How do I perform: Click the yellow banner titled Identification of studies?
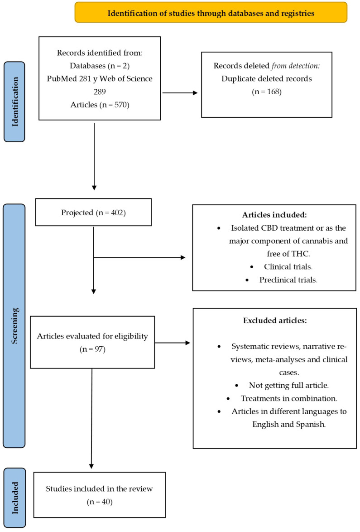click(211, 13)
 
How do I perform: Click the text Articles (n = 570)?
click(100, 104)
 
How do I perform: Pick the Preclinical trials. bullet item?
click(288, 280)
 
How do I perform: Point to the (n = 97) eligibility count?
click(93, 350)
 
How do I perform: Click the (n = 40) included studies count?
click(100, 502)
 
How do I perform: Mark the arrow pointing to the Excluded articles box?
click(172, 343)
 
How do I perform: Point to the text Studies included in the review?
click(100, 489)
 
